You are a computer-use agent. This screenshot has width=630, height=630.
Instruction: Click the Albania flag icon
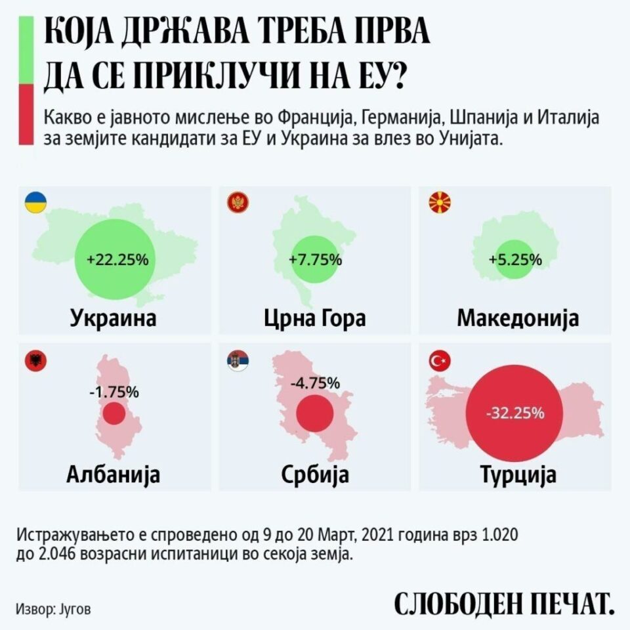[34, 361]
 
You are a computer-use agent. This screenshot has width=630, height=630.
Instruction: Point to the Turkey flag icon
[438, 361]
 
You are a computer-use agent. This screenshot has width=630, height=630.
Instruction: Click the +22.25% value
[117, 259]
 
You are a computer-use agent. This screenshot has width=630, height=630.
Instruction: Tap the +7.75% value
[315, 259]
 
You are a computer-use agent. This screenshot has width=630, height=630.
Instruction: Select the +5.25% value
[515, 259]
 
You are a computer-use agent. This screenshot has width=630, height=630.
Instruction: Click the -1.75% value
[114, 392]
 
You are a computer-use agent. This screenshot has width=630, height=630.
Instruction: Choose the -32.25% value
[515, 413]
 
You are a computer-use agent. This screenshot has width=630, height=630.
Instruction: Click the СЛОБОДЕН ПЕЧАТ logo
[504, 604]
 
